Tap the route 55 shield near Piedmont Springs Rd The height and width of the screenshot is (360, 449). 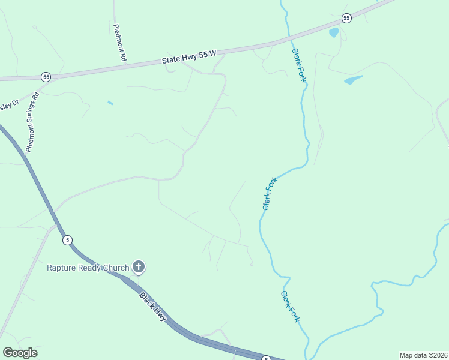coord(46,77)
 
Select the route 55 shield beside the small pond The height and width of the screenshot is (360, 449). coord(346,18)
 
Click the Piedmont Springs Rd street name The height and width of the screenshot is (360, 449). coord(32,121)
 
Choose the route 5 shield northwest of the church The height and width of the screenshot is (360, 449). coord(68,240)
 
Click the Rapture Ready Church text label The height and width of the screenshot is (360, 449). coord(88,267)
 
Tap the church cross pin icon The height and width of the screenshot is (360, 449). coord(139,266)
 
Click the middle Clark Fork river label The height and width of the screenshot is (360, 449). coord(270,193)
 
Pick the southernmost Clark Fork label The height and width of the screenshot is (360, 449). coord(289,306)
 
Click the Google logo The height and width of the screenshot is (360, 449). coord(20,353)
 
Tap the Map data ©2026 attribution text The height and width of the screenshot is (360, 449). coord(423,355)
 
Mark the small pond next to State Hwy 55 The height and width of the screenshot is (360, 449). coord(334,33)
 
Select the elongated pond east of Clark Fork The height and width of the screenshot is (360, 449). coord(353,80)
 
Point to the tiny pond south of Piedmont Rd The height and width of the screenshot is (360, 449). coord(110,103)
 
